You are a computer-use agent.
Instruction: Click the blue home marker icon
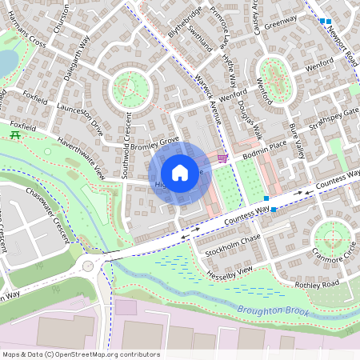(180, 172)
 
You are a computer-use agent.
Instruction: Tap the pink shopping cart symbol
(222, 157)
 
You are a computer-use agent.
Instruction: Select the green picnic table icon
(16, 135)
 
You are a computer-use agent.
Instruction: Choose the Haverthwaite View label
(81, 157)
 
